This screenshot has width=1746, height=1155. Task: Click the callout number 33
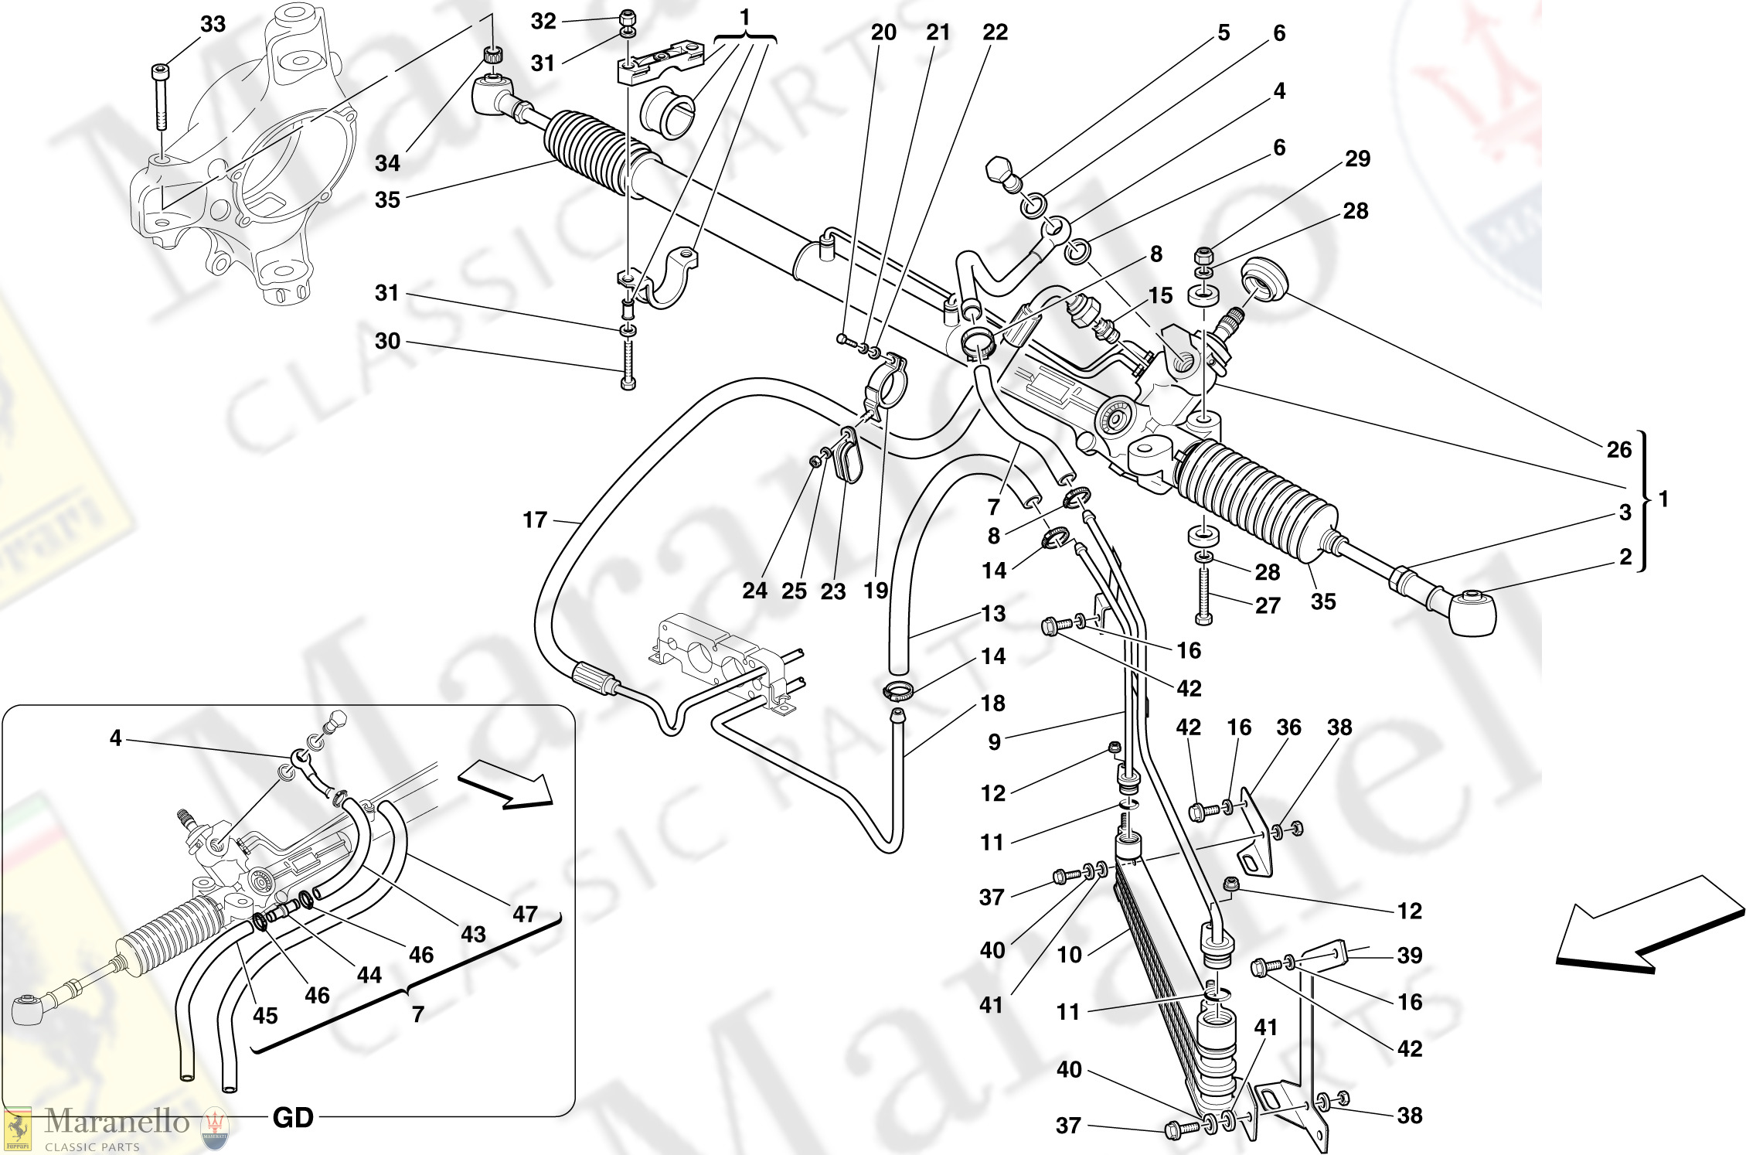click(213, 24)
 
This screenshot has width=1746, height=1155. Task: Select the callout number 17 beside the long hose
click(534, 520)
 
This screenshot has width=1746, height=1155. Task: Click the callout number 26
click(1618, 449)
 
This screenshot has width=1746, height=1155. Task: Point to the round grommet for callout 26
click(1264, 279)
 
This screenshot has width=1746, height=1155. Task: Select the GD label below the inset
click(293, 1118)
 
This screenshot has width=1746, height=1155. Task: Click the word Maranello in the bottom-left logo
click(117, 1120)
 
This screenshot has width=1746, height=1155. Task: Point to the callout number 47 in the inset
click(525, 914)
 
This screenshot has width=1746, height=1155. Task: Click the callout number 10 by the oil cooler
click(1069, 955)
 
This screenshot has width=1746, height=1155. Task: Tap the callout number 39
click(1409, 956)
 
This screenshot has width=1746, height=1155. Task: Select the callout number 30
click(387, 341)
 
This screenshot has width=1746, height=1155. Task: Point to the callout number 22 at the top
click(995, 32)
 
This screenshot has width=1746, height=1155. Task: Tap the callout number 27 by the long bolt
click(1268, 605)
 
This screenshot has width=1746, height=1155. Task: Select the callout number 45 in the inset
click(264, 1015)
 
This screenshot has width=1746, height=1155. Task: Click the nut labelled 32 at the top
click(629, 16)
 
